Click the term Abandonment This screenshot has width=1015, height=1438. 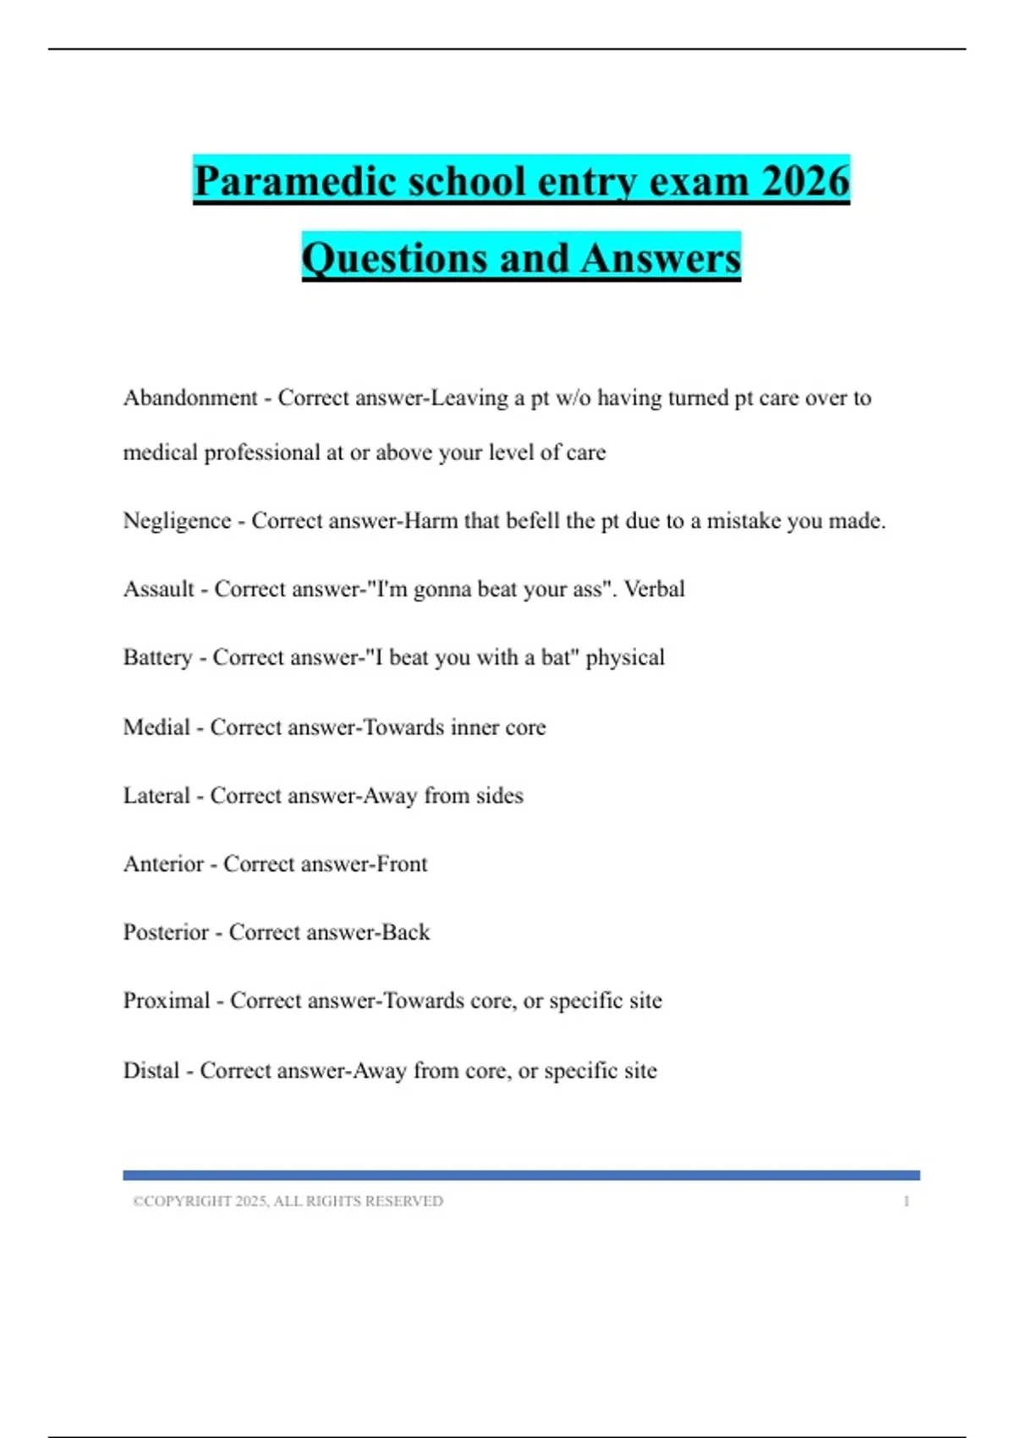coord(190,398)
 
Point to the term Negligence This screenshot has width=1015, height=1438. coord(177,520)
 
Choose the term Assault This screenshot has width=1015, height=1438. coord(159,589)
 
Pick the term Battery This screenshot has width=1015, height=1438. coord(157,657)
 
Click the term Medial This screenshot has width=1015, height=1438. coord(156,727)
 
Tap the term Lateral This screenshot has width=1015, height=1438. coord(156,795)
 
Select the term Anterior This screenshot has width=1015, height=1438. coord(163,864)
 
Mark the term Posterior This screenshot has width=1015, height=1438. coord(166,932)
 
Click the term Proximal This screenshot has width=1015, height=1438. coord(167,1001)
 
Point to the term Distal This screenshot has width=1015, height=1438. coord(151,1070)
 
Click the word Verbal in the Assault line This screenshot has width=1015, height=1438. coord(654,589)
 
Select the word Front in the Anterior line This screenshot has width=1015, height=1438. coord(402,864)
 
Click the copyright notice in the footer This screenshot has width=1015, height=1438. coord(288,1201)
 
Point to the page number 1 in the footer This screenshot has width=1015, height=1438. coord(906,1201)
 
